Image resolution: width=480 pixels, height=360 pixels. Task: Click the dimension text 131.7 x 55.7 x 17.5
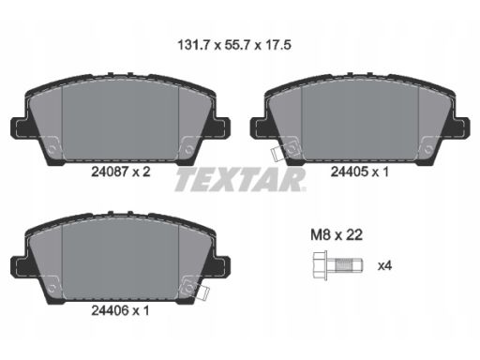click(234, 45)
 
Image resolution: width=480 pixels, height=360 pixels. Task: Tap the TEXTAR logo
click(240, 180)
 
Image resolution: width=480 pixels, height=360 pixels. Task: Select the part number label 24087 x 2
click(121, 172)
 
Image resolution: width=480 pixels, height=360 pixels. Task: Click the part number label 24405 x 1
click(360, 172)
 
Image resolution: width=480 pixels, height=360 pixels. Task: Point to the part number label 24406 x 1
click(120, 310)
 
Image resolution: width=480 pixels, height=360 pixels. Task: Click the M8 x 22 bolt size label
click(337, 234)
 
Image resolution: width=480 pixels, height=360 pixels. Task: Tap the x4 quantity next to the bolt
click(384, 266)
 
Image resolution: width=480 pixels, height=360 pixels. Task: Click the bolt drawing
click(337, 265)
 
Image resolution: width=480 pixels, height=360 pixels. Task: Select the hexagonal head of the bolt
click(320, 265)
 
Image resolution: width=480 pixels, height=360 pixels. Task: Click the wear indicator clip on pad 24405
click(277, 154)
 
